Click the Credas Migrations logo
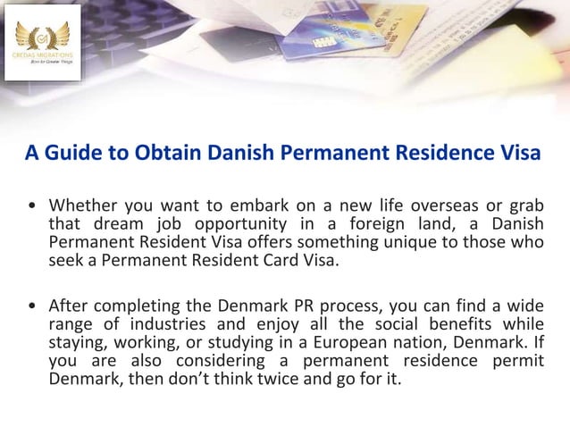42,41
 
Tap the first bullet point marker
32,206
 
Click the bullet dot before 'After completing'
32,305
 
